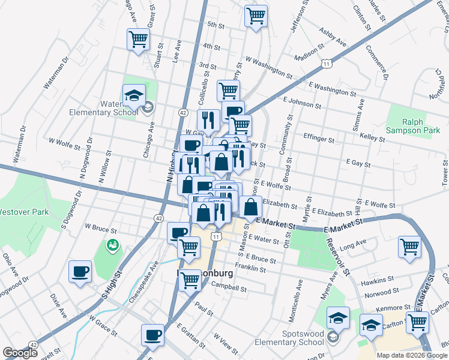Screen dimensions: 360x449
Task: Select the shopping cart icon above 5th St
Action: (256, 16)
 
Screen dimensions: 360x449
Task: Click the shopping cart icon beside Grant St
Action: (138, 40)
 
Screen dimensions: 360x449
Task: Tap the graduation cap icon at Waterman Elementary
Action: (134, 95)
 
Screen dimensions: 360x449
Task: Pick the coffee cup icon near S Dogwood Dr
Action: (80, 272)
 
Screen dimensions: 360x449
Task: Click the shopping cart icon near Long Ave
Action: (409, 247)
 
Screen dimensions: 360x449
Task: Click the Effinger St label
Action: (319, 139)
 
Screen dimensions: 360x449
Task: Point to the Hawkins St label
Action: (377, 280)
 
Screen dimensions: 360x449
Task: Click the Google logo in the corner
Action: (20, 353)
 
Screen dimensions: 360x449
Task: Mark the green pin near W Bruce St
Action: (112, 245)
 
